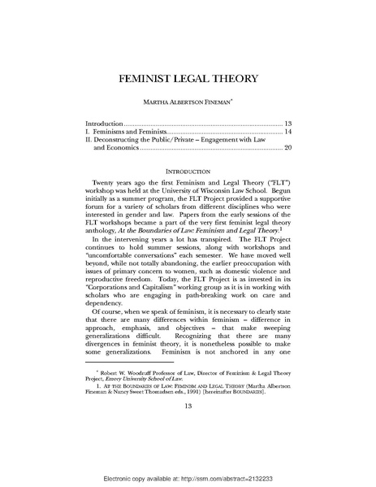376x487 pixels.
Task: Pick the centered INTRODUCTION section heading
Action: point(188,172)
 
